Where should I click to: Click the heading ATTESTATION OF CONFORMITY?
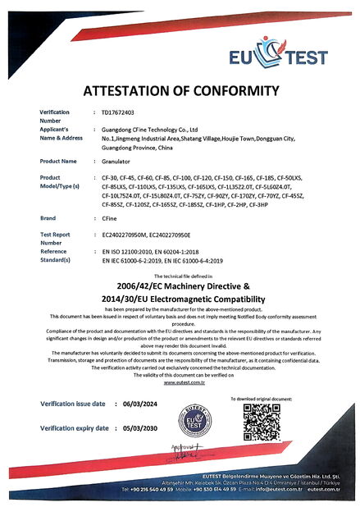(x=180, y=90)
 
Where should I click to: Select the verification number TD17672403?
(x=118, y=112)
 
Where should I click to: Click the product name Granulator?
(x=117, y=162)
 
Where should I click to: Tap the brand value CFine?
(x=110, y=219)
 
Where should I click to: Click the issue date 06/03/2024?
(x=139, y=404)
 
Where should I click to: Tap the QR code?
(x=262, y=425)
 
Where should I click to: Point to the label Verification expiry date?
(x=74, y=428)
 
